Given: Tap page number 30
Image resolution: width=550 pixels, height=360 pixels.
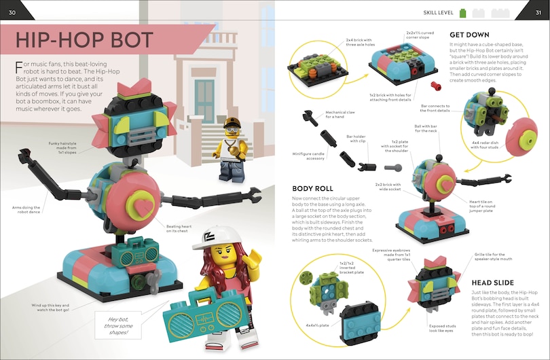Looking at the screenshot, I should (x=12, y=10).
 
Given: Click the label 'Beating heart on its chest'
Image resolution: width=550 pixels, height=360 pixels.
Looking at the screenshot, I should (x=179, y=229).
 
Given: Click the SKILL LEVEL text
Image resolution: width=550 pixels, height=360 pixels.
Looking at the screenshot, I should (x=438, y=12).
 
